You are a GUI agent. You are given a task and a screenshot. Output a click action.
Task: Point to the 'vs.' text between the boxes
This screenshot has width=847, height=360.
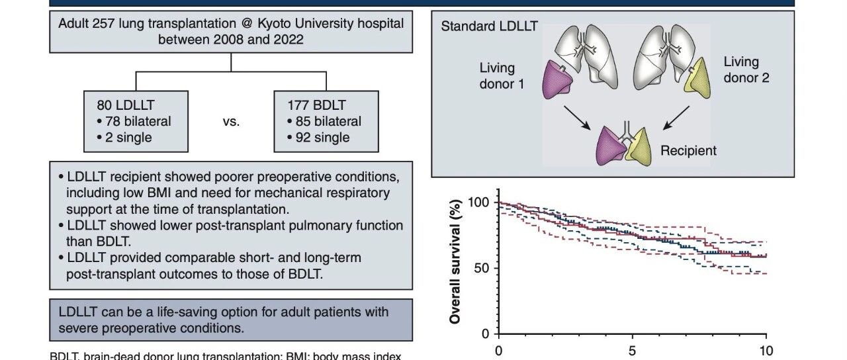point(231,122)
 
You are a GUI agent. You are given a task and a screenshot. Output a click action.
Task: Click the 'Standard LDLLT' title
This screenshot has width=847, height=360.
point(489,26)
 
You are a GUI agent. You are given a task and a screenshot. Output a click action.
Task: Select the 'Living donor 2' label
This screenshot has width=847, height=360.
point(746,69)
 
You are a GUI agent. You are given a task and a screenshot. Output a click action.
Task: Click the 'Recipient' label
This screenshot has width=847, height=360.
point(688,150)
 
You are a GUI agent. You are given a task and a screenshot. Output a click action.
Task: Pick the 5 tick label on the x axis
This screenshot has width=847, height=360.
point(632,351)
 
